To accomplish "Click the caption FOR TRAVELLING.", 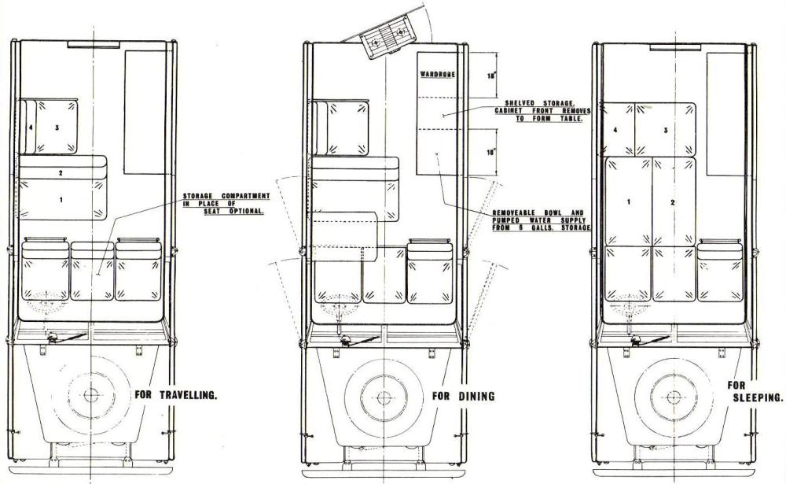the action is (x=176, y=394).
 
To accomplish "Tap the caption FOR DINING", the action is (x=463, y=396).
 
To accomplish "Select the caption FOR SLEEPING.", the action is (x=755, y=392).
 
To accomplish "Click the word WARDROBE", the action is (x=438, y=74).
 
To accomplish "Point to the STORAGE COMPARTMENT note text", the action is (x=226, y=203).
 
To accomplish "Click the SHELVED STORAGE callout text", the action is (x=543, y=111).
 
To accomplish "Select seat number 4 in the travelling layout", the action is (x=31, y=127).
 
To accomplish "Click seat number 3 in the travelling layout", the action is (x=57, y=127).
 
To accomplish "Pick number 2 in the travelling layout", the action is (x=61, y=173).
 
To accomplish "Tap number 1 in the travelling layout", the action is (x=61, y=200).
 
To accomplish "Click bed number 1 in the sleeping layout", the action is (x=629, y=201).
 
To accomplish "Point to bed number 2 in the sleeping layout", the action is (x=673, y=202).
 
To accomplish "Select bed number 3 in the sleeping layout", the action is (x=666, y=130).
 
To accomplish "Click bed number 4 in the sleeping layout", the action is (x=615, y=130).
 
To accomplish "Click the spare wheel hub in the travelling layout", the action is (x=90, y=395).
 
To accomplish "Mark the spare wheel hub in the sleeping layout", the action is (x=674, y=397).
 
